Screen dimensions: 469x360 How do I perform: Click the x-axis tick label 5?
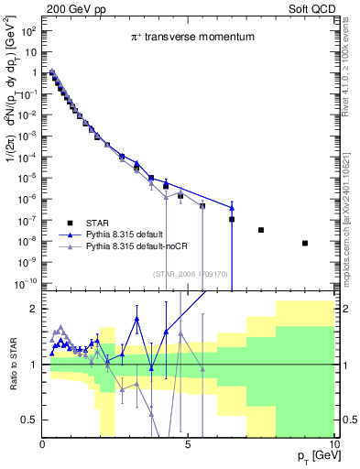[x=188, y=445]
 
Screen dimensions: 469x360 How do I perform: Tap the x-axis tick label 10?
[x=333, y=445]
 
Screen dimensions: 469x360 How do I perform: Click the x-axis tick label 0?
[x=43, y=445]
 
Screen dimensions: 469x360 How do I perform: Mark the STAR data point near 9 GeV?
[x=305, y=243]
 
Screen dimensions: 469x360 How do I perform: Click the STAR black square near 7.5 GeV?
[x=261, y=230]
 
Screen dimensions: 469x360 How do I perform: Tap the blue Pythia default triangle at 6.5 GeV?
[x=232, y=205]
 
